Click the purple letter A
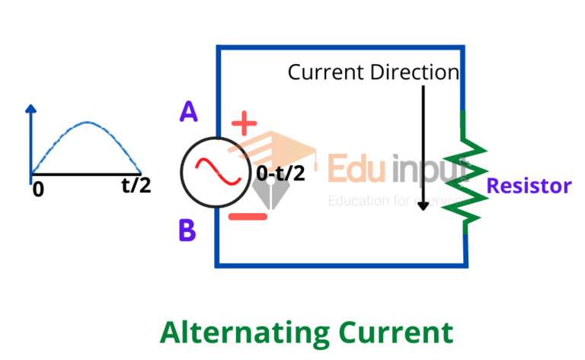point(189,113)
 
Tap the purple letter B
point(187,229)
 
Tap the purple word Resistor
point(529,185)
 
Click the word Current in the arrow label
point(325,73)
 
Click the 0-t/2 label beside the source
point(280,174)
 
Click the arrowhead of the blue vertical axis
point(30,109)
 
